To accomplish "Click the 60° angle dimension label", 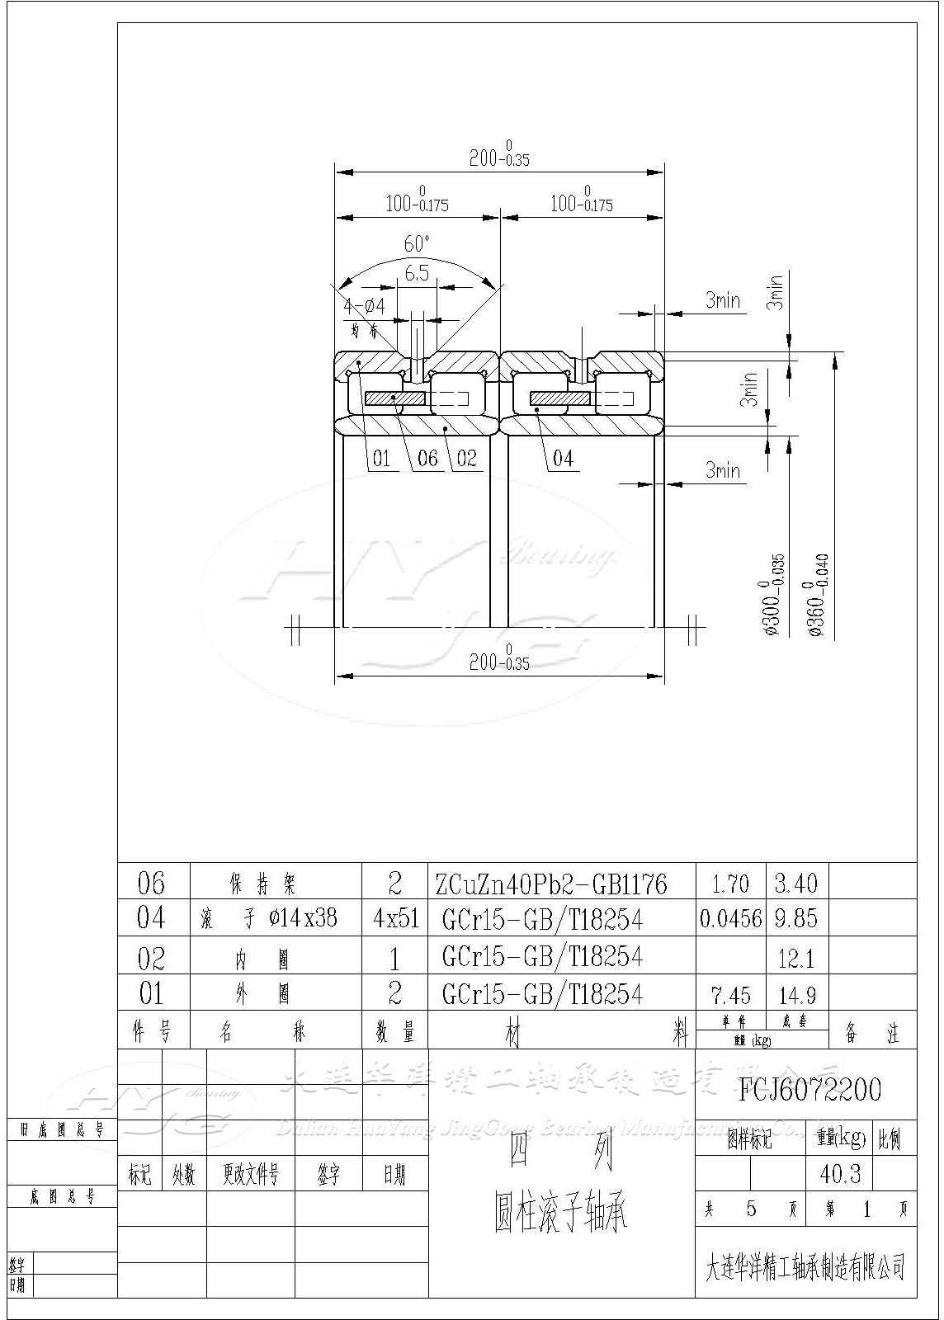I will point(417,243).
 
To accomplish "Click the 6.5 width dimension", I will point(417,273).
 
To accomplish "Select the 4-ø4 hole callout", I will point(364,306).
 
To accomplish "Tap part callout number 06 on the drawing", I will point(427,458).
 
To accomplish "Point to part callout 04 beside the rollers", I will point(562,458).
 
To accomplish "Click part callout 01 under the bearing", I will point(380,458).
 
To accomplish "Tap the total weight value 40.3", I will point(840,1173).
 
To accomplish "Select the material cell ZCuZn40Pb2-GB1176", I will point(551,884).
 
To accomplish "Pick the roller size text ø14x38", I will point(303,917).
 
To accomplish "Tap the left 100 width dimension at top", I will point(417,202).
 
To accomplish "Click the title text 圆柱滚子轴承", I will point(562,1213).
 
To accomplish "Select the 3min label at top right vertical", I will point(775,292).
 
